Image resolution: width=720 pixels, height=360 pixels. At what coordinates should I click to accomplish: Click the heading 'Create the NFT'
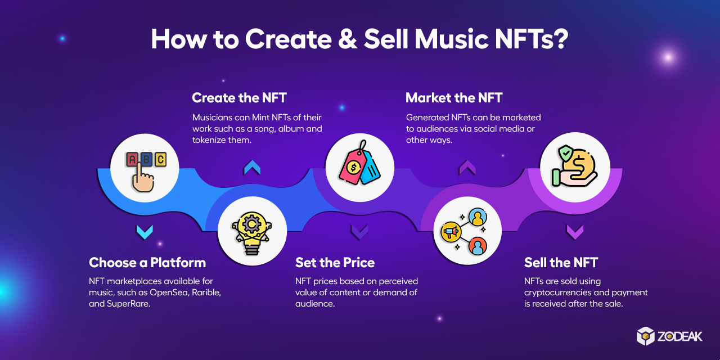[239, 98]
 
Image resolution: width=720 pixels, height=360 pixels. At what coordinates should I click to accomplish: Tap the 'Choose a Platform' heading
[147, 263]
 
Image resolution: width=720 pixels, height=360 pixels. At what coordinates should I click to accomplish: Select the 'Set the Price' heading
[335, 263]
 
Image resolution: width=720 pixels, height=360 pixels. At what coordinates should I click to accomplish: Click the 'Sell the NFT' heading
[561, 263]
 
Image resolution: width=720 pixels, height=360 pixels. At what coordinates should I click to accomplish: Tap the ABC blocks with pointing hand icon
[145, 170]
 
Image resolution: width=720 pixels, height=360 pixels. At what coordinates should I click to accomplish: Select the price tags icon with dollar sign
[359, 167]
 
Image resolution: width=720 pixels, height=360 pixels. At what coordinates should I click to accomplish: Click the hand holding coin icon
[575, 166]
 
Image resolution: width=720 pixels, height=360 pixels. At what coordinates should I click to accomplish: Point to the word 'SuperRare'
[129, 304]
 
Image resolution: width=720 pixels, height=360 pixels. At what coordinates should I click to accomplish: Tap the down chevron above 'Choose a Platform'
[145, 231]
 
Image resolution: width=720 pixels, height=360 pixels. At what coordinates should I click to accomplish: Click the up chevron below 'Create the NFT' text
[251, 167]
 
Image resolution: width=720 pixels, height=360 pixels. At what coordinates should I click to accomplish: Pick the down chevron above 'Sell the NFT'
[574, 231]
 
